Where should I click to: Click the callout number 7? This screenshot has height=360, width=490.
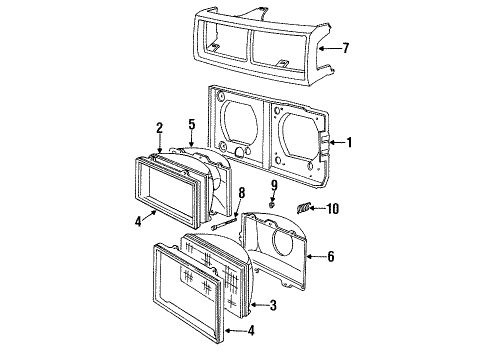tap(346, 48)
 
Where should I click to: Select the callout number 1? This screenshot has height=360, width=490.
tap(349, 143)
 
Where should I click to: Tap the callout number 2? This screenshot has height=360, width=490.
tap(160, 128)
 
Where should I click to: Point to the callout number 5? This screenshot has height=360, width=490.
tap(192, 124)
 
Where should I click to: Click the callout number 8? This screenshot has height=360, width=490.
tap(242, 193)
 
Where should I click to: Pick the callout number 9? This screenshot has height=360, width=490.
tap(274, 185)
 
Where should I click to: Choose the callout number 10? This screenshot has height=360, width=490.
tap(332, 209)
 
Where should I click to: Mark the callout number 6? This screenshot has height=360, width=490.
tap(330, 256)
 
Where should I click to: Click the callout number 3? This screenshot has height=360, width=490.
tap(273, 305)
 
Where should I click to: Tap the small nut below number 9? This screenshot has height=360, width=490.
tap(272, 204)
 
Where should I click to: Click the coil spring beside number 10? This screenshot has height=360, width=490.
tap(303, 208)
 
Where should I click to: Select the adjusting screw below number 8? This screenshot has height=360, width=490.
tap(224, 223)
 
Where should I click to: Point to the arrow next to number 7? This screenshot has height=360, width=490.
tap(329, 49)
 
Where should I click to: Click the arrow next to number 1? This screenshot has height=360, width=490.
tap(336, 143)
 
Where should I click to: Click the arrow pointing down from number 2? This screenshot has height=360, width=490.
tap(160, 144)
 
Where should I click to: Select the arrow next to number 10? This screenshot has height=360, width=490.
tap(317, 209)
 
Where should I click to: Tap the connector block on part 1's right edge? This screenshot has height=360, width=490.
tap(324, 145)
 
